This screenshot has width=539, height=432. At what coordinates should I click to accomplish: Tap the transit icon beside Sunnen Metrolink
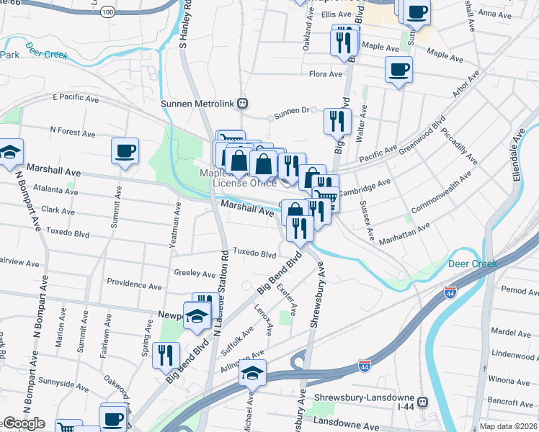click(x=243, y=104)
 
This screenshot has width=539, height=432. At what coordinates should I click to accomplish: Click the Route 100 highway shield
click(x=107, y=12)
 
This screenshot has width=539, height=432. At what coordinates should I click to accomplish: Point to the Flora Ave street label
click(x=325, y=74)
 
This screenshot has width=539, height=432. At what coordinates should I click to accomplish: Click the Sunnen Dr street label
click(x=295, y=111)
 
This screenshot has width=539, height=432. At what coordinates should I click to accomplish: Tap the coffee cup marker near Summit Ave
click(x=125, y=150)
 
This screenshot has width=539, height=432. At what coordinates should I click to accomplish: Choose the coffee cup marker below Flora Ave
click(x=398, y=70)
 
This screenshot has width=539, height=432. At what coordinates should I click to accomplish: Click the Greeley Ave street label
click(x=195, y=274)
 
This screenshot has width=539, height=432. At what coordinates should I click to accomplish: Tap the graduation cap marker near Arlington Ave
click(x=252, y=373)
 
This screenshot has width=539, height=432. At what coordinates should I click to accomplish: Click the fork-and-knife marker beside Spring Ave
click(x=166, y=354)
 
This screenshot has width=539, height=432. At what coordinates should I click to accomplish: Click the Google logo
click(x=23, y=423)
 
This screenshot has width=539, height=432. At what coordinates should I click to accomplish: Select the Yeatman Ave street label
click(x=174, y=225)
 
